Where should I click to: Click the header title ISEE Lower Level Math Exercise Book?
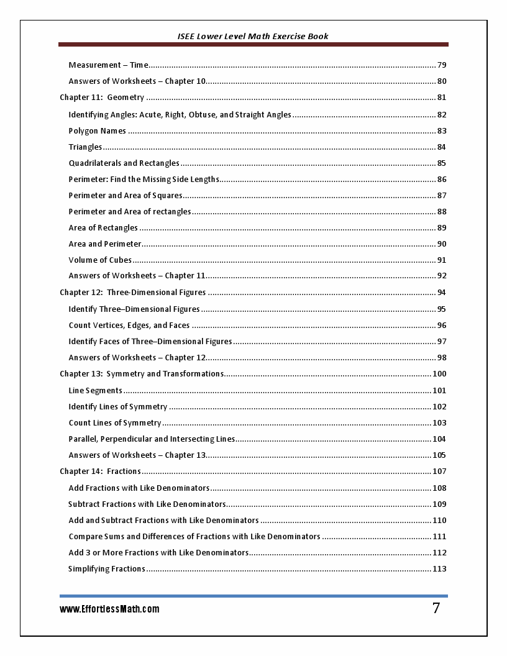(253, 36)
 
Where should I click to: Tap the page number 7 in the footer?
(436, 608)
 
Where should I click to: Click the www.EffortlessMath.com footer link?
(109, 609)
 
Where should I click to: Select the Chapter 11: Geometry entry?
(102, 98)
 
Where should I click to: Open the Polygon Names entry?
(98, 131)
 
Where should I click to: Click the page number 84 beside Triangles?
(442, 147)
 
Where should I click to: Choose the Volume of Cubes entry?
(100, 260)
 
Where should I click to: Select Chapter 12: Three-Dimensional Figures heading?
(132, 293)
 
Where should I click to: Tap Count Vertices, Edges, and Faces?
(129, 325)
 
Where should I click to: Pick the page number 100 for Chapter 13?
(439, 374)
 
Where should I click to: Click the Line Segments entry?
(96, 391)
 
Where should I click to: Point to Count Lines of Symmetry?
(115, 423)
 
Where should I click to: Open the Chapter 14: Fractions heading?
(100, 471)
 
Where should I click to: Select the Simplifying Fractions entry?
(107, 569)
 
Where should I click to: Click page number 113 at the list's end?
(439, 569)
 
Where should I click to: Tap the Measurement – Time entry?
(109, 65)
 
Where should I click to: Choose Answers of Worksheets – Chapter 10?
(137, 81)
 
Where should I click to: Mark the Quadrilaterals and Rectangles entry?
(124, 163)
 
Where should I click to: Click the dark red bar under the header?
(253, 45)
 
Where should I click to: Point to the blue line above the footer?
(253, 596)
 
